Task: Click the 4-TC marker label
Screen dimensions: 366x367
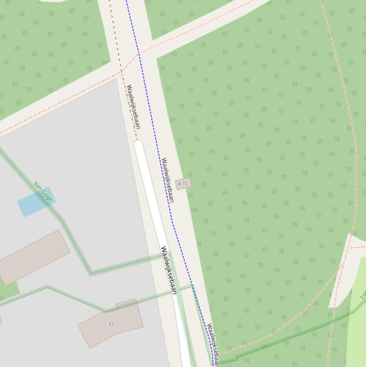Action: click(183, 183)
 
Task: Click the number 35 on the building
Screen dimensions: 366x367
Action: click(111, 324)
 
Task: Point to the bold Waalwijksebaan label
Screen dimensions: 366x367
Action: click(169, 270)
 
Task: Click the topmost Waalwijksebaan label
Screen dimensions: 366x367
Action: click(133, 107)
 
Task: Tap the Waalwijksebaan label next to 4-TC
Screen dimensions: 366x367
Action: click(168, 180)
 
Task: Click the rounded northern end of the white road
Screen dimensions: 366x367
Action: click(138, 144)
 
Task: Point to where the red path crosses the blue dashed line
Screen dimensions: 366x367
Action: click(139, 53)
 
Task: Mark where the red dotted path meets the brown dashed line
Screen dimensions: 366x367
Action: click(121, 71)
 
